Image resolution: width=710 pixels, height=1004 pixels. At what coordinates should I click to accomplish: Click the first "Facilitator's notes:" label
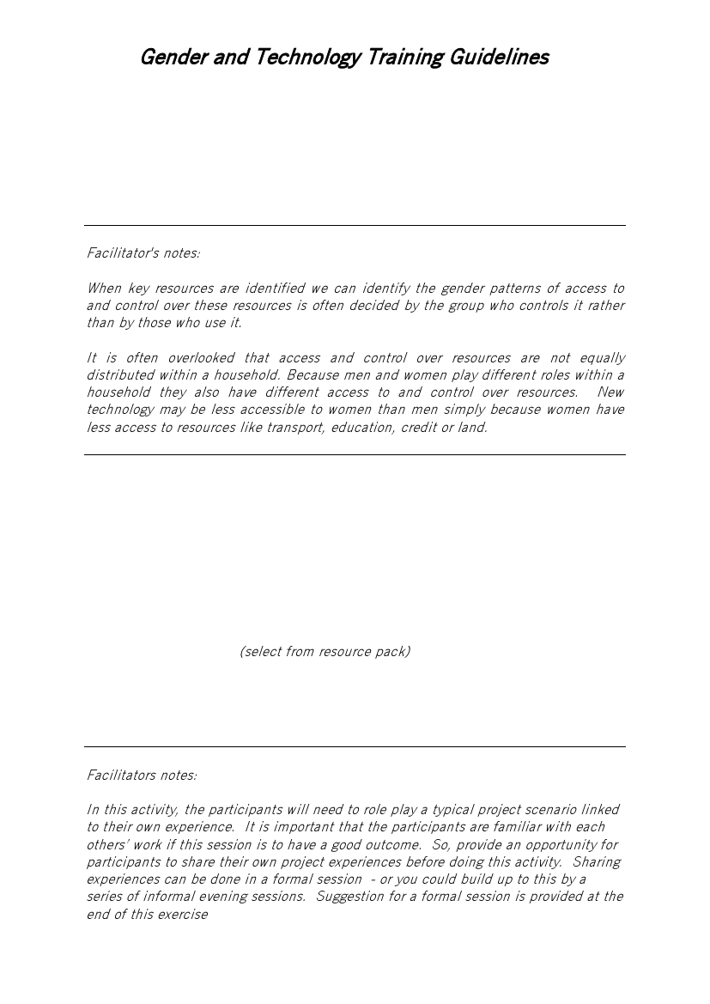(x=143, y=253)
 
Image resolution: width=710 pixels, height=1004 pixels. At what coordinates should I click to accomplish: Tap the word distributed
(x=120, y=375)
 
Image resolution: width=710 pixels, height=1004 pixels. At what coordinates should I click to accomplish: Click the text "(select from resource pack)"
(x=325, y=652)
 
